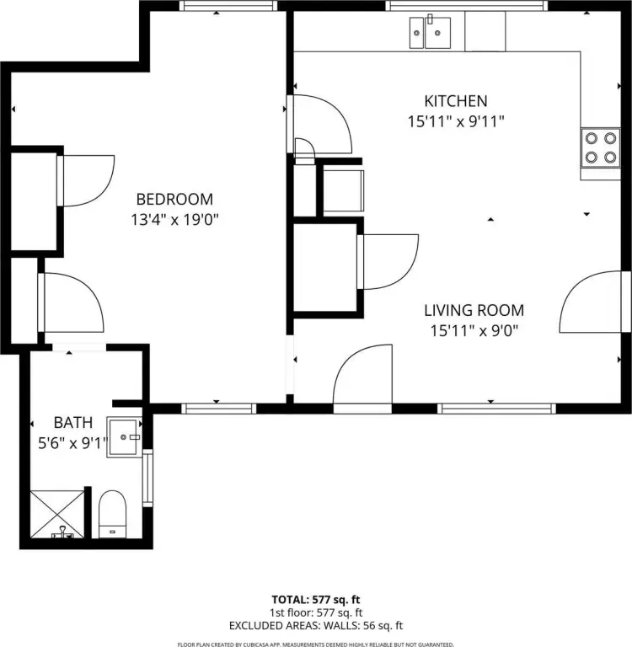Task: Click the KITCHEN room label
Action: click(456, 101)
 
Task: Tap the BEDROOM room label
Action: click(174, 200)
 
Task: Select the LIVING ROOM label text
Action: click(474, 310)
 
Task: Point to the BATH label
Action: click(73, 423)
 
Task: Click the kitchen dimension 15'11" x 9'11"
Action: click(456, 121)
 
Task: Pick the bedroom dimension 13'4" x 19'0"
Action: click(174, 220)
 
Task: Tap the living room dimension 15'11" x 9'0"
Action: click(474, 330)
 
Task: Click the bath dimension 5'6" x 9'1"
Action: click(72, 443)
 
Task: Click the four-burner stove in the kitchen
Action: click(601, 148)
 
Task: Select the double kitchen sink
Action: click(430, 33)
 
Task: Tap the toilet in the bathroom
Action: click(112, 514)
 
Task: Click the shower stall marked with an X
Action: click(57, 514)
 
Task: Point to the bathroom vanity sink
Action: click(124, 437)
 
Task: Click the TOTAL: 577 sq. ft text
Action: click(316, 600)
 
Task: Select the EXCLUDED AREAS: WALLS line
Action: click(316, 626)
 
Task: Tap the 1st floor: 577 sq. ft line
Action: click(316, 612)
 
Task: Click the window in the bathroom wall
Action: click(147, 478)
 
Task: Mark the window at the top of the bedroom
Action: click(228, 5)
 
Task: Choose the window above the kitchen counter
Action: click(467, 5)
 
